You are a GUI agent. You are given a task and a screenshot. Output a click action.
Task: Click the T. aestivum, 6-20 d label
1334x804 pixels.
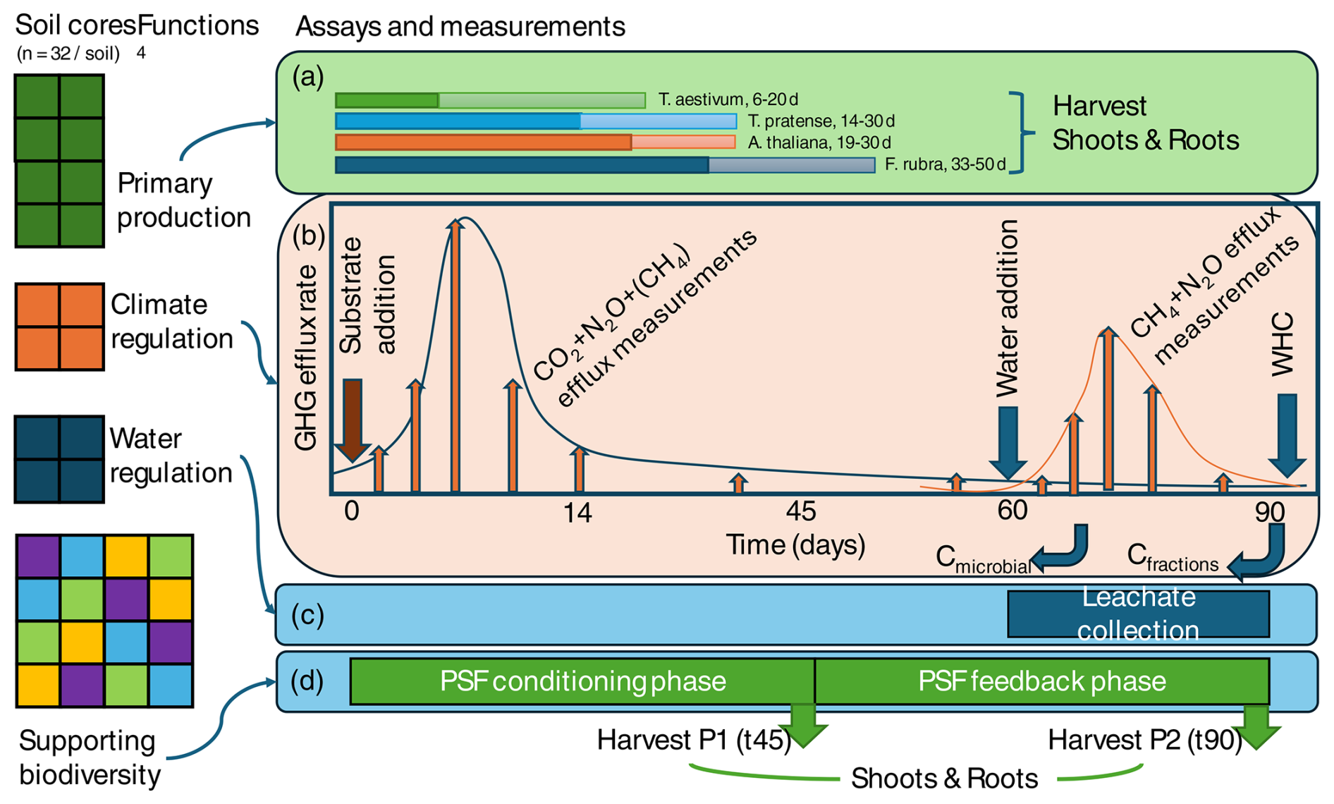pos(728,99)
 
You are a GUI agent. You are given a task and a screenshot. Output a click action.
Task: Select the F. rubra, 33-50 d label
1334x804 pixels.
pos(945,164)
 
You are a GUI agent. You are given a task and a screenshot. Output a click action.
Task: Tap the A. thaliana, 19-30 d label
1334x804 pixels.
pos(819,142)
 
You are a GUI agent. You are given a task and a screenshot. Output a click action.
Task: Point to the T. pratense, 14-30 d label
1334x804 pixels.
pos(821,121)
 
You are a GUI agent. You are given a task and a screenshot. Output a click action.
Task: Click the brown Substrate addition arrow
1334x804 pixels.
pos(352,419)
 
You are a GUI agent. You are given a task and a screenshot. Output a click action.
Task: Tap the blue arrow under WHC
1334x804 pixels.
pos(1287,434)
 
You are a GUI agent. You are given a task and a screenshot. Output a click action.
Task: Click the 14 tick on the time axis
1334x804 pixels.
pos(577,513)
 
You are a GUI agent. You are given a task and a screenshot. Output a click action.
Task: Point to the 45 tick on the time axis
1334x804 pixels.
pos(800,511)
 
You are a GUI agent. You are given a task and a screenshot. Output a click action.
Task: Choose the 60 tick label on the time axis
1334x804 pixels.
pos(1012,510)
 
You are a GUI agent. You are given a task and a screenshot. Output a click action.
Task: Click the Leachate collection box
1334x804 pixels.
pos(1138,614)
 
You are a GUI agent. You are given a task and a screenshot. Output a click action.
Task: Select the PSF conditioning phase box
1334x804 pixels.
pos(582,681)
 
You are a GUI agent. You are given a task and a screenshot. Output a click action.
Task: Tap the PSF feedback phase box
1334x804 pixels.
pos(1041,681)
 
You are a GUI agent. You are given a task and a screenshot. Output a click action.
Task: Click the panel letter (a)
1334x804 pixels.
pos(308,76)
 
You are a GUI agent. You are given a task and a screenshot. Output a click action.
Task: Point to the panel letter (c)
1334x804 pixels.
pos(307,615)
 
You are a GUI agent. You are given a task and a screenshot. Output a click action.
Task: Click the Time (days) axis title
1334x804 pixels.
pos(795,544)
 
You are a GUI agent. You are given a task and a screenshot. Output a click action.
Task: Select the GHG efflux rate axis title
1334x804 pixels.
pos(305,359)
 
